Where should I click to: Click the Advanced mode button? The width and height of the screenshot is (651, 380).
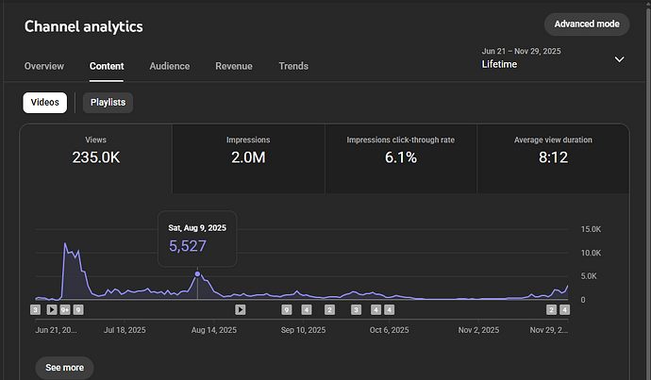[x=586, y=24]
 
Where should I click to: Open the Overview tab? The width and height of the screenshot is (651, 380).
[x=44, y=66]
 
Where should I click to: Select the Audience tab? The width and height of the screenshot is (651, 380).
[x=170, y=66]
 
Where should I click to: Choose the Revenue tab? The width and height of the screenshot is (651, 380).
[x=234, y=66]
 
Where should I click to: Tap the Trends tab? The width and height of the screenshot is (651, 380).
[x=293, y=66]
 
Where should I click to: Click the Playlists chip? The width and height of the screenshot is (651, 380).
[x=108, y=102]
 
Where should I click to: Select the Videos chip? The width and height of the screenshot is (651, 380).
[x=45, y=102]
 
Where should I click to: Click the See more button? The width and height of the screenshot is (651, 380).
[x=65, y=368]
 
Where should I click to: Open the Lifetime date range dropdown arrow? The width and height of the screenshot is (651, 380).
[x=620, y=58]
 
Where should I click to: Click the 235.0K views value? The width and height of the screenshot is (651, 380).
[x=96, y=157]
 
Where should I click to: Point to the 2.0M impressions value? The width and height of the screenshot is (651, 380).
[x=248, y=157]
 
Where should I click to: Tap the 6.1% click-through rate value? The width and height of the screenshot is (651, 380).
[x=401, y=157]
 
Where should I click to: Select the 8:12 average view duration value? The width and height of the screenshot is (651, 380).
[x=553, y=157]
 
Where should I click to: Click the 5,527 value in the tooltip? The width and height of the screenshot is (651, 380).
[x=188, y=246]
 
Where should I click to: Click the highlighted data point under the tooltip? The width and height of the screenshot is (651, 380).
[x=197, y=274]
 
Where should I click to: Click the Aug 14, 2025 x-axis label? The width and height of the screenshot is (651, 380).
[x=211, y=331]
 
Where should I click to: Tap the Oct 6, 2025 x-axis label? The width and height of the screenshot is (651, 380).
[x=389, y=331]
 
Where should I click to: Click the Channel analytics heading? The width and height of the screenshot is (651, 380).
[x=84, y=26]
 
